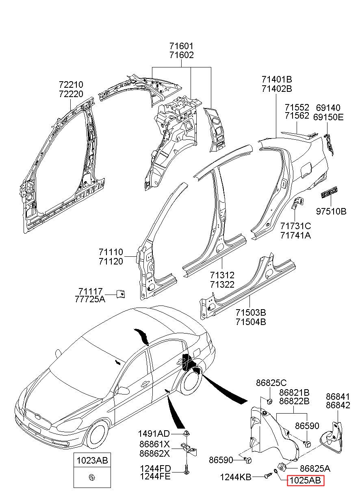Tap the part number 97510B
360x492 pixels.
tap(331, 211)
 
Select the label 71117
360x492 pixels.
tap(91, 291)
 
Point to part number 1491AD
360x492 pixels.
tap(154, 433)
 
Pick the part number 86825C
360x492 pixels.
tap(271, 383)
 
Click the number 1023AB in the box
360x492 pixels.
tap(92, 460)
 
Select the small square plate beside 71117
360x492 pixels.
tap(120, 294)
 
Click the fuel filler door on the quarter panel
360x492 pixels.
tap(306, 168)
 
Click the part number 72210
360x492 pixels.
tap(71, 85)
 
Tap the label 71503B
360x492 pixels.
tap(251, 312)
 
